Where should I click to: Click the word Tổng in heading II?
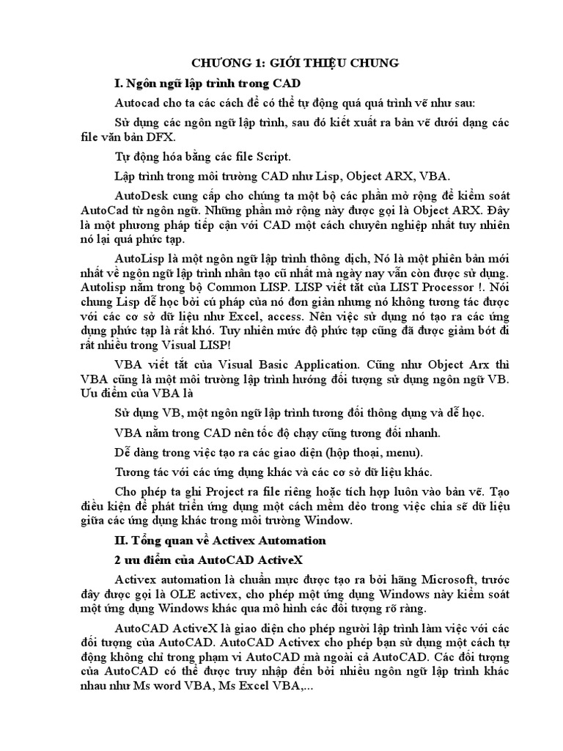(x=147, y=541)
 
